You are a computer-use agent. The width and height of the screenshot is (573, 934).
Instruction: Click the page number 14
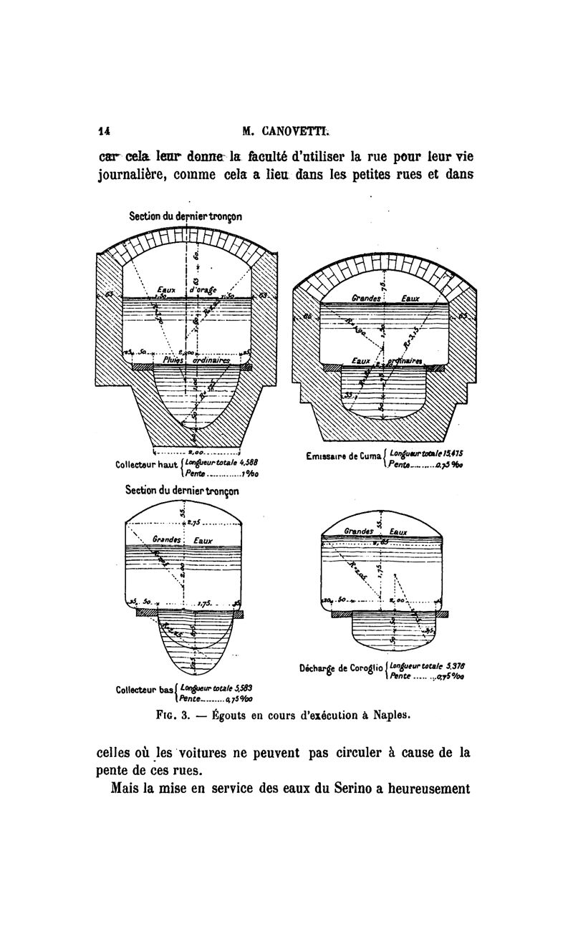tap(104, 131)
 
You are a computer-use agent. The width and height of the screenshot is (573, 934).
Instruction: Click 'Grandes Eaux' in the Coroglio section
tap(375, 531)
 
